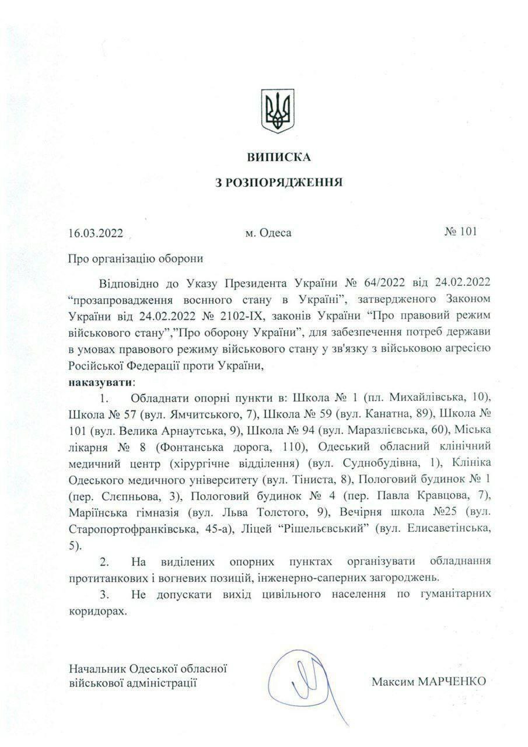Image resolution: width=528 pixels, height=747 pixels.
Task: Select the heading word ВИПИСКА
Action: pyautogui.click(x=279, y=157)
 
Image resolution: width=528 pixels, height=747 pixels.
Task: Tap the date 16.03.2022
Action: pyautogui.click(x=95, y=233)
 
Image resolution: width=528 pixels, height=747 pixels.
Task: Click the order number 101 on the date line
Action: pyautogui.click(x=468, y=232)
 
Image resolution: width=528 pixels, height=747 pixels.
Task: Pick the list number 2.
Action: pyautogui.click(x=105, y=561)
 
